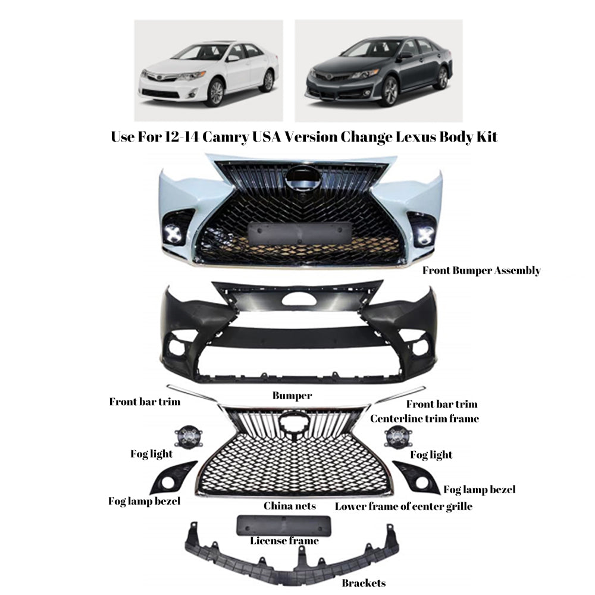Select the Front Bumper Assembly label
pyautogui.click(x=481, y=271)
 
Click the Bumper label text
pyautogui.click(x=292, y=395)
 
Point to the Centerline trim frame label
pyautogui.click(x=424, y=419)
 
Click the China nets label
pyautogui.click(x=289, y=506)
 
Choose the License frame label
pyautogui.click(x=284, y=541)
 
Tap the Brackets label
pyautogui.click(x=363, y=583)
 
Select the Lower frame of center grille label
pyautogui.click(x=403, y=507)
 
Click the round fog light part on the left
pyautogui.click(x=185, y=437)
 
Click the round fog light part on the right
pyautogui.click(x=396, y=437)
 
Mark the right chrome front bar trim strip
pyautogui.click(x=393, y=394)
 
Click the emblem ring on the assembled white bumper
pyautogui.click(x=302, y=177)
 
